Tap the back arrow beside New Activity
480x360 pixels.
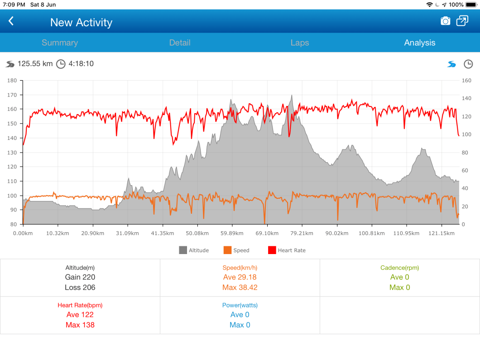11,21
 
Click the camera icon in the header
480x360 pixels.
446,21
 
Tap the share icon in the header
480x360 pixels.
462,21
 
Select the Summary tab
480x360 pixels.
60,43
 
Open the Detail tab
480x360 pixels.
180,43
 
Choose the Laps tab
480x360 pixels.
300,43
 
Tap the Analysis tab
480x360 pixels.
420,43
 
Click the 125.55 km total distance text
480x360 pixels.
35,64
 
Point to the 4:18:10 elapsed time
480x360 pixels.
81,64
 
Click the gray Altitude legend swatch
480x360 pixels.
183,250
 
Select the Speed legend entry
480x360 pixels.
241,250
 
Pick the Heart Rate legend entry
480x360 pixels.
291,250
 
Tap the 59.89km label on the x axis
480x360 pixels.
232,233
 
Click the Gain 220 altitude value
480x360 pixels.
80,277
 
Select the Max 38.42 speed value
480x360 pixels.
240,288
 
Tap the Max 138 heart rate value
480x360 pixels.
80,325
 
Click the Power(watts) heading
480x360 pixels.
240,305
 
